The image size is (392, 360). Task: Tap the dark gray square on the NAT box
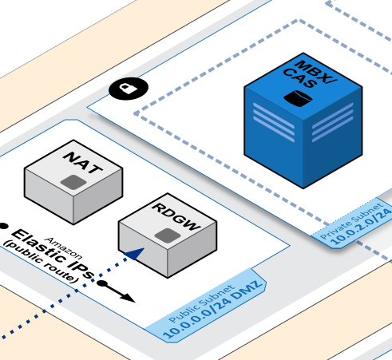point(73,183)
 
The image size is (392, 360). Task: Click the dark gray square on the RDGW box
point(165,236)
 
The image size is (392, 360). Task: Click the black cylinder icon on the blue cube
point(296,99)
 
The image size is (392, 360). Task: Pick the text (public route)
point(40,261)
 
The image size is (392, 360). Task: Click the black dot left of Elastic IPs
point(3,226)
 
